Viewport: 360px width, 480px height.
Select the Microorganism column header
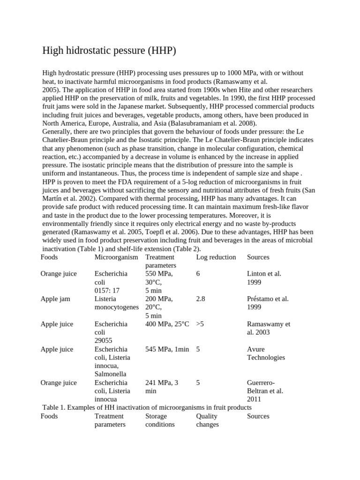[x=116, y=257]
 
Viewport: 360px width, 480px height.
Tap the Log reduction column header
[x=216, y=257]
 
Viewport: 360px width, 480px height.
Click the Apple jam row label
[x=55, y=299]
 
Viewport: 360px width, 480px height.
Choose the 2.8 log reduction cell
[x=201, y=299]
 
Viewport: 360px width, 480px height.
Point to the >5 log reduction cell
[x=200, y=324]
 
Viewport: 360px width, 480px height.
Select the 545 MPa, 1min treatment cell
[x=167, y=349]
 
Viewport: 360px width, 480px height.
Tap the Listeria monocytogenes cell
[x=117, y=303]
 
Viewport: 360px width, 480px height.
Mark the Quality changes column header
[x=208, y=420]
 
